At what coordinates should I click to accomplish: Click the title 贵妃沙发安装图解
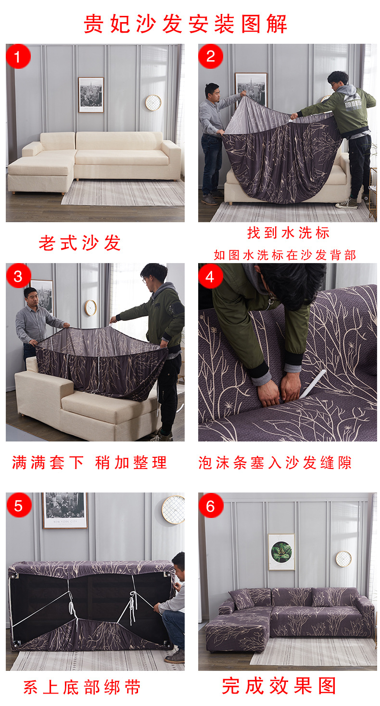pos(186,24)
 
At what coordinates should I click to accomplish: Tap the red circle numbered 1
pos(18,57)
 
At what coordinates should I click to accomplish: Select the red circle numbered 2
pos(211,57)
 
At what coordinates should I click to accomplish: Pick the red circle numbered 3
pos(18,276)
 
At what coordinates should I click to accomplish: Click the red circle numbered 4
pos(211,276)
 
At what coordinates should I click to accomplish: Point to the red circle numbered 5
pos(18,505)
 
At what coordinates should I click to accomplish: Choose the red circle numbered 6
pos(211,505)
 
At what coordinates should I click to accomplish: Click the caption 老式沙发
pos(80,243)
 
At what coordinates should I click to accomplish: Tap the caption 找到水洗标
pos(288,233)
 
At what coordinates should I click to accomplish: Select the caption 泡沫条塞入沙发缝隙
pos(275,463)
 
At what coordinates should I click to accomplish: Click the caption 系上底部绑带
pos(82,687)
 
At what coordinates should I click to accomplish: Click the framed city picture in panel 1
pos(91,95)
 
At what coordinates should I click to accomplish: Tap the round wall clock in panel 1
pos(153,102)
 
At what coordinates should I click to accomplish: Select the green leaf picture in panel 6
pos(281,552)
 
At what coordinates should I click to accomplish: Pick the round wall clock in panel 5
pos(173,509)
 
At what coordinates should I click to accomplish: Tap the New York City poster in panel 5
pos(65,510)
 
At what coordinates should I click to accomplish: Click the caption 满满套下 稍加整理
pos(89,463)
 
